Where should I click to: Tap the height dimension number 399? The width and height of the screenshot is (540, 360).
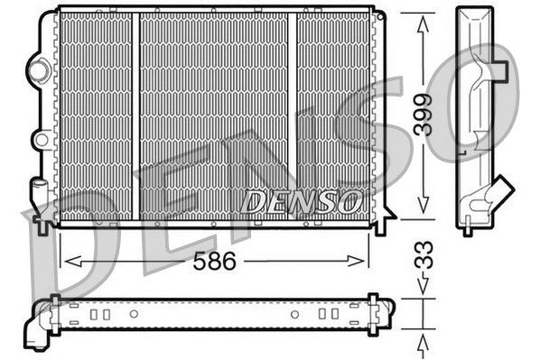tap(424, 114)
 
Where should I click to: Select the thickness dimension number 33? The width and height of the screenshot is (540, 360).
tap(424, 255)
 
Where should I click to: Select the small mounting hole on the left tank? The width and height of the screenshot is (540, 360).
tap(40, 140)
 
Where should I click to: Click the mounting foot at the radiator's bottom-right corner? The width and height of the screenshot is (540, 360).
tap(380, 225)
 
